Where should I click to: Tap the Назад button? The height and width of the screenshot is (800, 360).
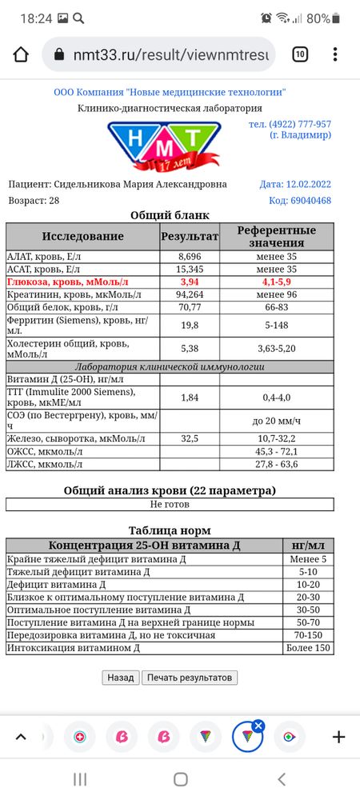(120, 677)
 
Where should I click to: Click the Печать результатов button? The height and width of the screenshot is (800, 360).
(190, 677)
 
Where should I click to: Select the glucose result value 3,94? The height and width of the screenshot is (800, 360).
(190, 282)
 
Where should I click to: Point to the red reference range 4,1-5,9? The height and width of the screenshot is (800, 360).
(277, 282)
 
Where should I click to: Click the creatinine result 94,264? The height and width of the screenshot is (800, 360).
(190, 294)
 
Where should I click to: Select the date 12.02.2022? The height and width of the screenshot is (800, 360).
(295, 184)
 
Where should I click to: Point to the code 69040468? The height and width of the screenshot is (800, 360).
(300, 200)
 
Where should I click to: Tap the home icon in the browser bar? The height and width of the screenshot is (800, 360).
(21, 54)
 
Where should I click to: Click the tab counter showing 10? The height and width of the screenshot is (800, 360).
(300, 54)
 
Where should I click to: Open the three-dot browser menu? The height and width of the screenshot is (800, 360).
(335, 54)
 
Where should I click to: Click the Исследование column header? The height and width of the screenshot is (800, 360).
(83, 236)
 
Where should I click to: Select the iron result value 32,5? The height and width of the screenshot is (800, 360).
(190, 438)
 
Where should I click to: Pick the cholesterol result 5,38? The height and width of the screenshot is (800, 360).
(190, 348)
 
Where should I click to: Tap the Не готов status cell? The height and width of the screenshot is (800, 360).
(170, 505)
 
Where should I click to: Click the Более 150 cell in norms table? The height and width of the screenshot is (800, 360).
(310, 648)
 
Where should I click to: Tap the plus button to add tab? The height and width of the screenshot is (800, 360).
(338, 737)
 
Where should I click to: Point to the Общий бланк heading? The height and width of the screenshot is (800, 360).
(170, 214)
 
